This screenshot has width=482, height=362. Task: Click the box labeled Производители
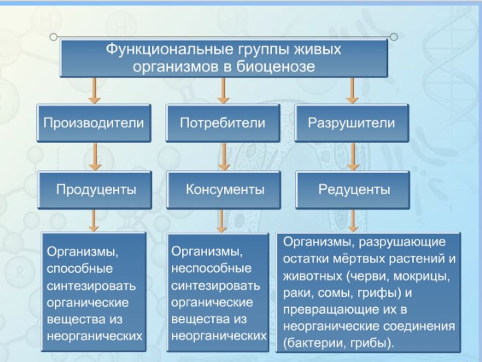tap(93, 123)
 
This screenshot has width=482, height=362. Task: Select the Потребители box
tap(222, 123)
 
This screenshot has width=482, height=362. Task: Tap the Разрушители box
tap(352, 123)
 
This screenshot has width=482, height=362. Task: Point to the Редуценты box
tap(354, 189)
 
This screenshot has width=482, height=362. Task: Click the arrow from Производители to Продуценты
tap(94, 156)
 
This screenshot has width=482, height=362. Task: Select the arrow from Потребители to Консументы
tap(224, 156)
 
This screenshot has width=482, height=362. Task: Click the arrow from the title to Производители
tap(94, 90)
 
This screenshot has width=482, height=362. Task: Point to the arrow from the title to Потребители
tap(223, 90)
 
